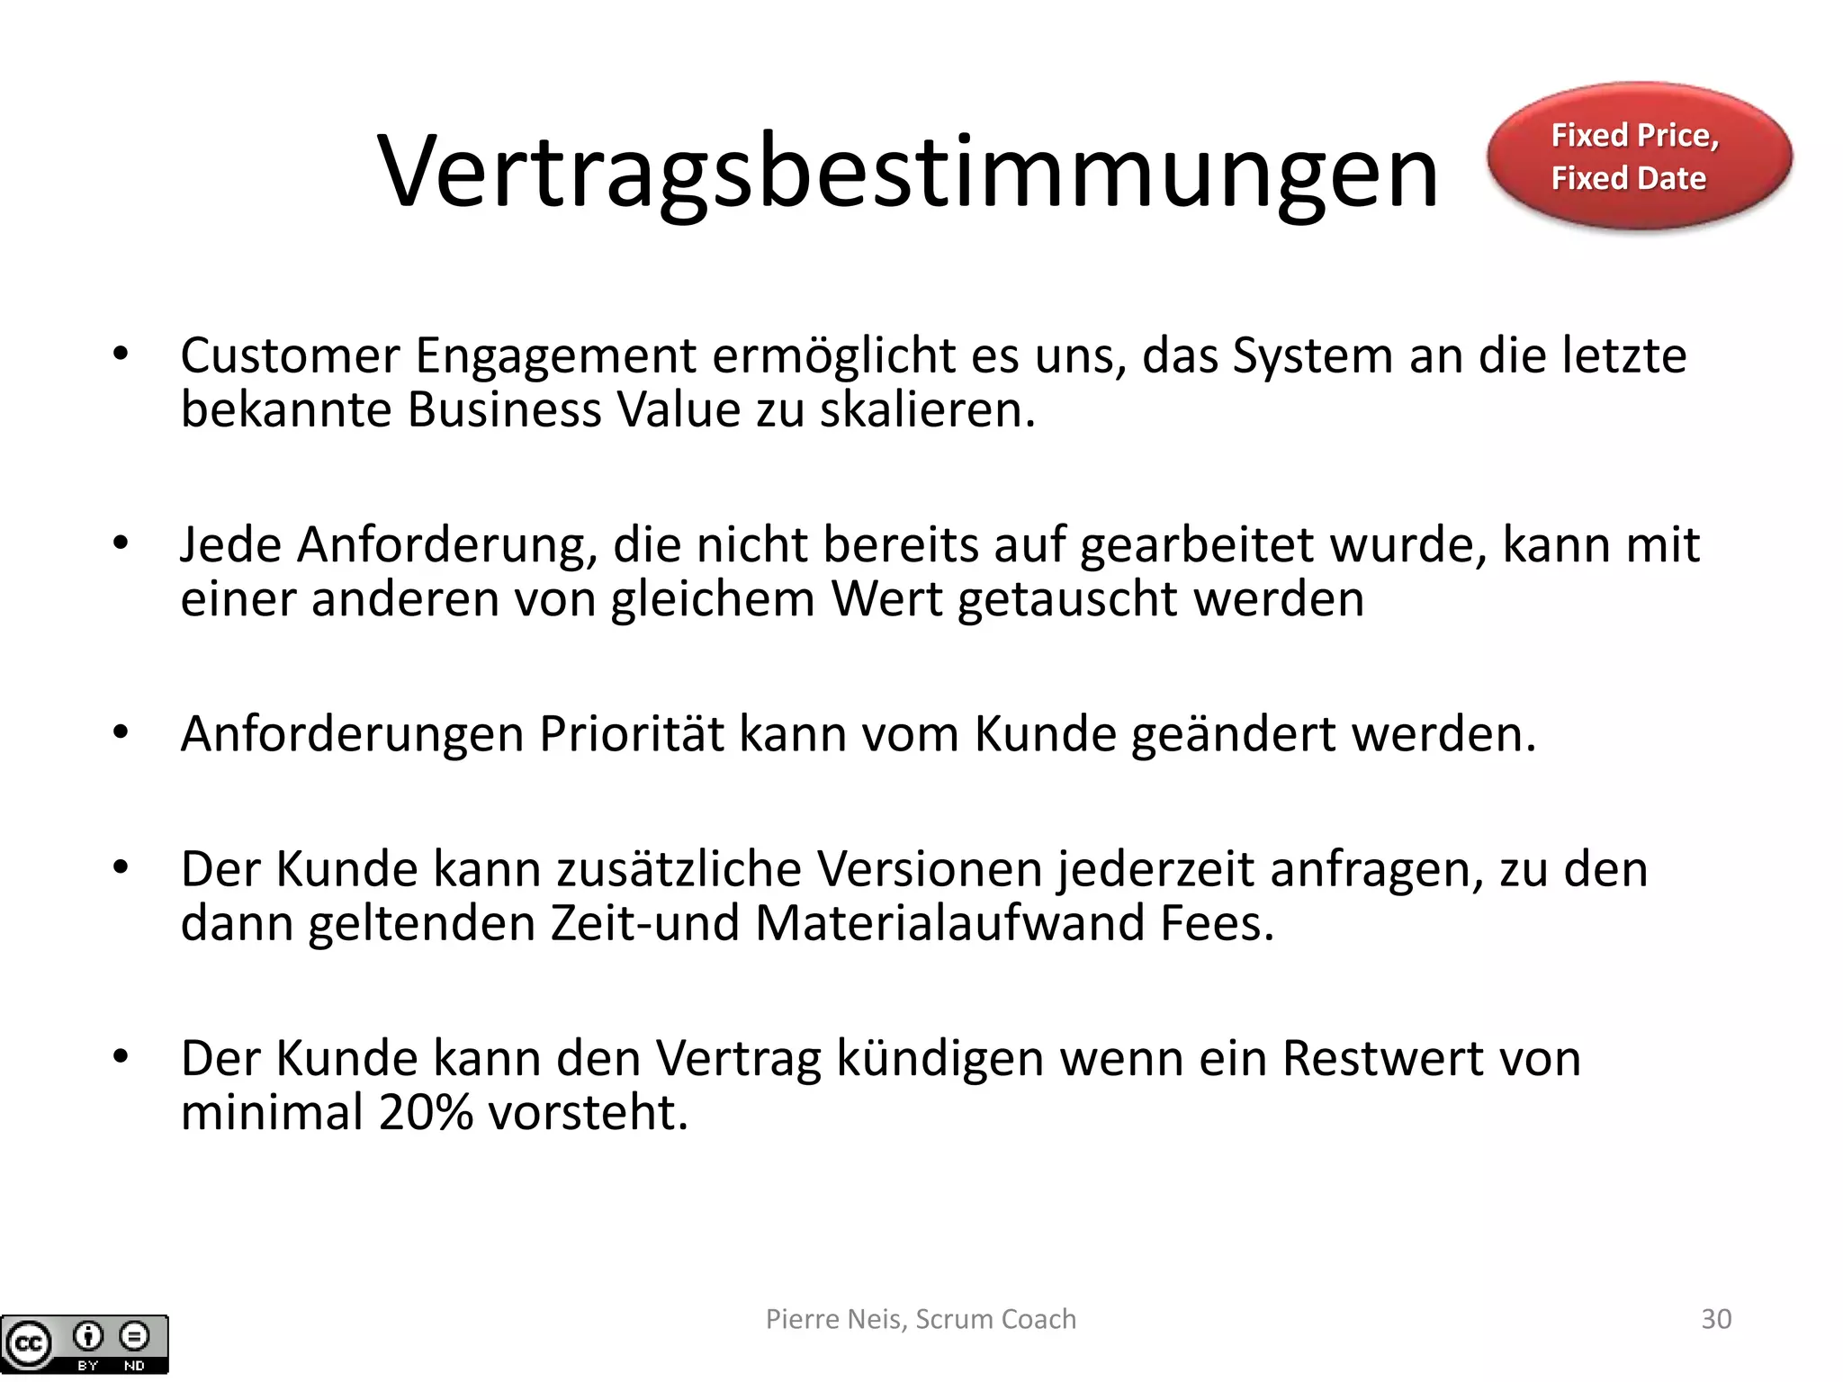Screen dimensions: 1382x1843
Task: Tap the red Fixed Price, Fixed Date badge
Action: pyautogui.click(x=1639, y=157)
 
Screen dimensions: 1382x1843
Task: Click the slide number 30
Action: pyautogui.click(x=1715, y=1319)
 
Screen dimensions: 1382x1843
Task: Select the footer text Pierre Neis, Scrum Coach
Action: pyautogui.click(x=921, y=1319)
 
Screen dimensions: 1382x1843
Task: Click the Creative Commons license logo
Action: pyautogui.click(x=85, y=1344)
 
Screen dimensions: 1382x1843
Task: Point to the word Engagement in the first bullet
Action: pyautogui.click(x=554, y=356)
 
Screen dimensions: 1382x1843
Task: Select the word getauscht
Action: pyautogui.click(x=1067, y=600)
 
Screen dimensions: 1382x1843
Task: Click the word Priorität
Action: pyautogui.click(x=632, y=734)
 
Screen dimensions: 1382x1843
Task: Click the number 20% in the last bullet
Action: pyautogui.click(x=426, y=1113)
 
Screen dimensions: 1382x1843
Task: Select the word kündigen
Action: pyautogui.click(x=940, y=1060)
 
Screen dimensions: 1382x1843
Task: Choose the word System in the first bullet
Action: pyautogui.click(x=1313, y=356)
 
